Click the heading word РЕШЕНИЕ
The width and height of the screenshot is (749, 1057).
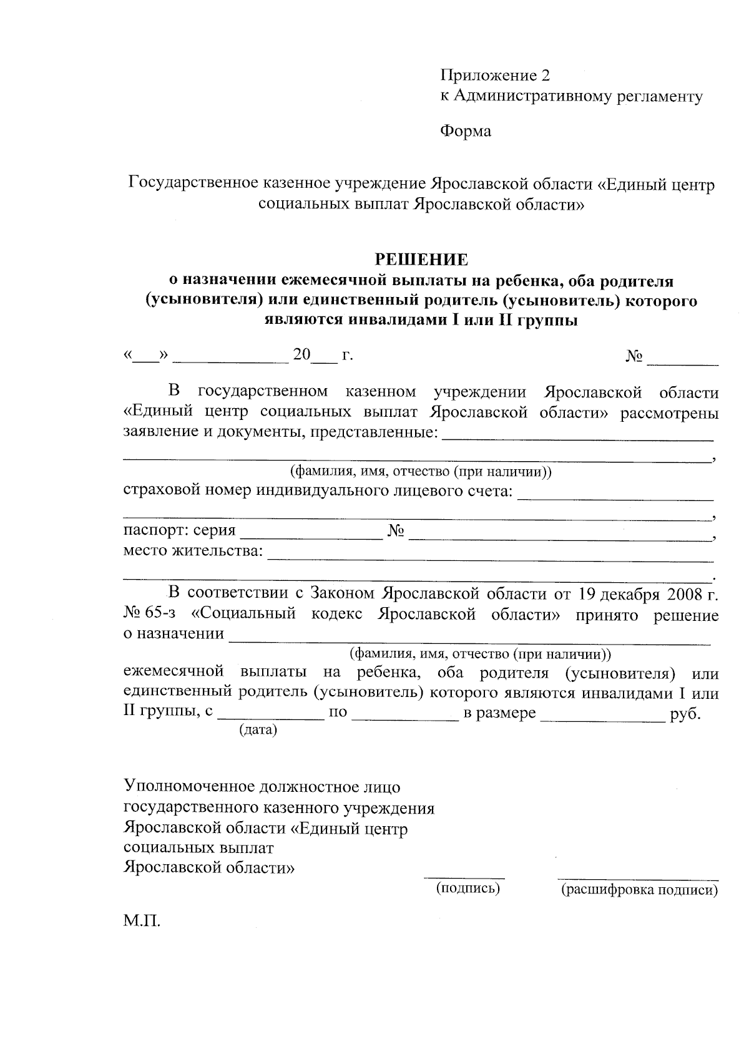(421, 259)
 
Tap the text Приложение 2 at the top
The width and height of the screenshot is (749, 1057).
(496, 75)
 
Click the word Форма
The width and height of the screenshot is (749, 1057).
(466, 131)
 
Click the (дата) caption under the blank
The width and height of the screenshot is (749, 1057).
(258, 729)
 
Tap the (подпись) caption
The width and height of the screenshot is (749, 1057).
(468, 888)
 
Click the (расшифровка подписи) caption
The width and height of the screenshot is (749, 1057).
(639, 890)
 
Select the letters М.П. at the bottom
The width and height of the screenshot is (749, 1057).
(142, 920)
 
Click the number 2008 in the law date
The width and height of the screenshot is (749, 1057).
(685, 593)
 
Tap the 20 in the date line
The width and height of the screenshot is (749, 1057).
(301, 355)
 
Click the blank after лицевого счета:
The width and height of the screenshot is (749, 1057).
(615, 497)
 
